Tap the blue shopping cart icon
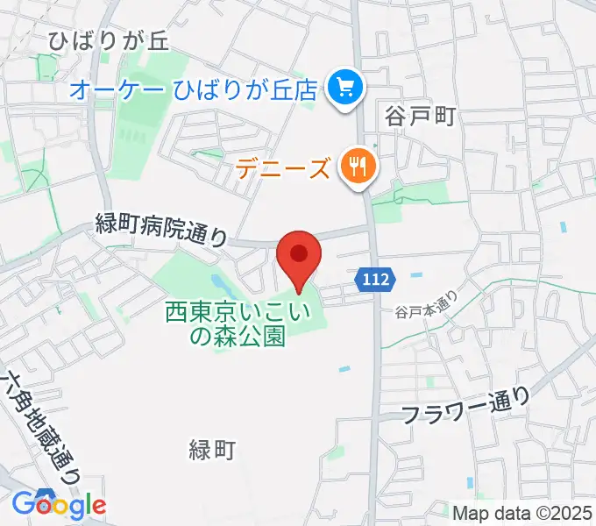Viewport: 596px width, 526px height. [343, 87]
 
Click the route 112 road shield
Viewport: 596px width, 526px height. [376, 280]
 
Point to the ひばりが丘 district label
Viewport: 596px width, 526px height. [108, 40]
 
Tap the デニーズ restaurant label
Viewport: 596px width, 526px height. [282, 167]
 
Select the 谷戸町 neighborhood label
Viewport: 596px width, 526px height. [420, 116]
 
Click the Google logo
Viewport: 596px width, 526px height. [59, 504]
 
